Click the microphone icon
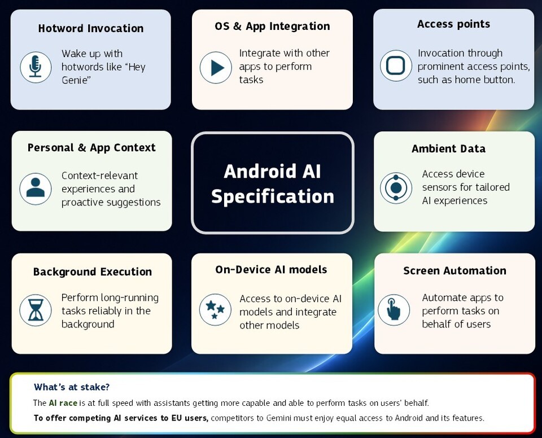[x=36, y=67]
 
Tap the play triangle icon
[x=216, y=67]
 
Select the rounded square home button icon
[x=396, y=65]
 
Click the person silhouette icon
[x=35, y=189]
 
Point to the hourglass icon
[x=35, y=310]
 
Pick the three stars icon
[x=215, y=310]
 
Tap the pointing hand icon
[x=394, y=310]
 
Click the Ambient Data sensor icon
[x=396, y=188]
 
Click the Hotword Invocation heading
[x=91, y=28]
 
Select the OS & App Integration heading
[x=272, y=27]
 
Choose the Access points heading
[x=453, y=24]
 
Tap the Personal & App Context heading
[x=91, y=148]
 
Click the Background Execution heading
[x=92, y=271]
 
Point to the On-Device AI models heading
[x=271, y=270]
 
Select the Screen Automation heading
[x=454, y=271]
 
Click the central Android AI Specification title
[x=273, y=183]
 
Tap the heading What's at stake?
[x=72, y=387]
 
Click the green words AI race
[x=63, y=403]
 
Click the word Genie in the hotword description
[x=76, y=80]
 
